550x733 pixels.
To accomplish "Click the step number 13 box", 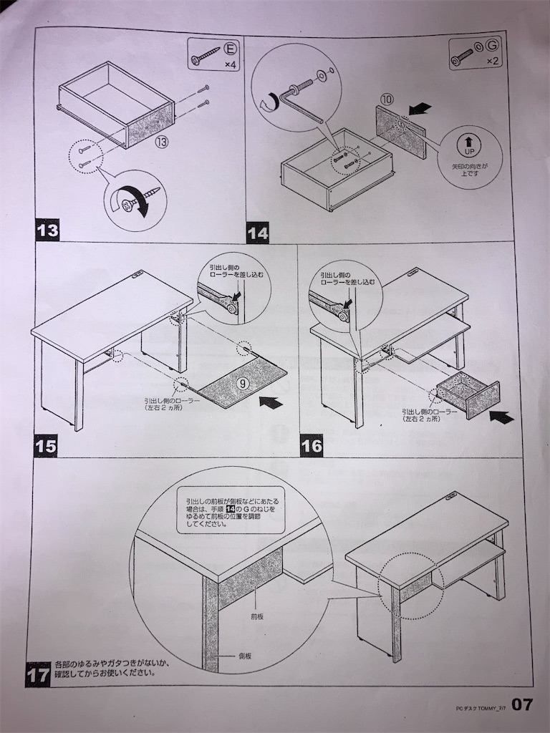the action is pos(47,230).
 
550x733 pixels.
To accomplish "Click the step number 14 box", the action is pos(258,233).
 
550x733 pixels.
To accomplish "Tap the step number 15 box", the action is pos(46,445).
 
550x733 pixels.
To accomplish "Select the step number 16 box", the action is pos(312,446).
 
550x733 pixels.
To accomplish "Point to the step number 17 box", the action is pos(37,674).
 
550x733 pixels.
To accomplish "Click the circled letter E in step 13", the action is pos(230,48).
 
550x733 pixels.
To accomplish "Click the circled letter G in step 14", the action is pos(493,45).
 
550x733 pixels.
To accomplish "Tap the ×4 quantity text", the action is pos(230,64).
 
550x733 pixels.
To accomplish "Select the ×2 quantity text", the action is pos(492,62).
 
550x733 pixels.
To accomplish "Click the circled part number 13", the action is pos(161,142).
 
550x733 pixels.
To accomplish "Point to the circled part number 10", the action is pos(387,99).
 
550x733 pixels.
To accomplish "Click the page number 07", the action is pos(522,704).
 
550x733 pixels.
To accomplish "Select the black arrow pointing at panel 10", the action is pos(420,110).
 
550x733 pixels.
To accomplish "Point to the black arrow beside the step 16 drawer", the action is pos(501,416).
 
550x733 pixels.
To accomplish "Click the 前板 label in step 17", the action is pos(257,616).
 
